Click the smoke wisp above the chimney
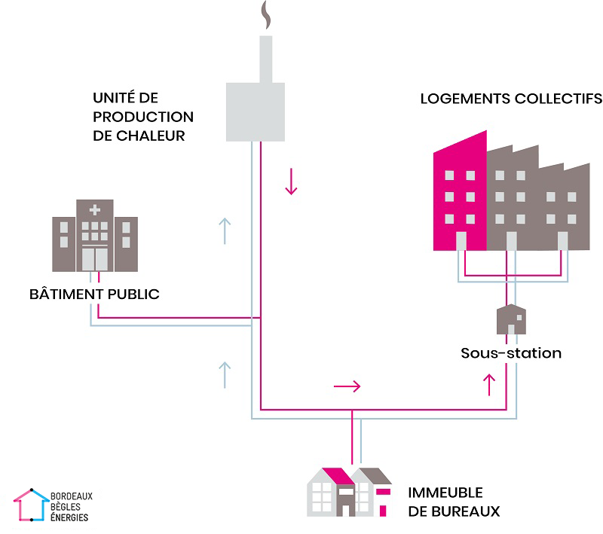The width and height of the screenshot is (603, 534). [265, 16]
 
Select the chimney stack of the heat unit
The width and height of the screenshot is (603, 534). [265, 57]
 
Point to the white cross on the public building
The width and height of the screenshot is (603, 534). [94, 210]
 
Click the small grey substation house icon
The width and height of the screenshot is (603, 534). [511, 319]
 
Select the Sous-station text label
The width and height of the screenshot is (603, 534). [511, 352]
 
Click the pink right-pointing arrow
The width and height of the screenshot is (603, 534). [347, 386]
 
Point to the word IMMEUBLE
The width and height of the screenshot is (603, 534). [445, 493]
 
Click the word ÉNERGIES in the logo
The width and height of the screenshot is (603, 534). [70, 517]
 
